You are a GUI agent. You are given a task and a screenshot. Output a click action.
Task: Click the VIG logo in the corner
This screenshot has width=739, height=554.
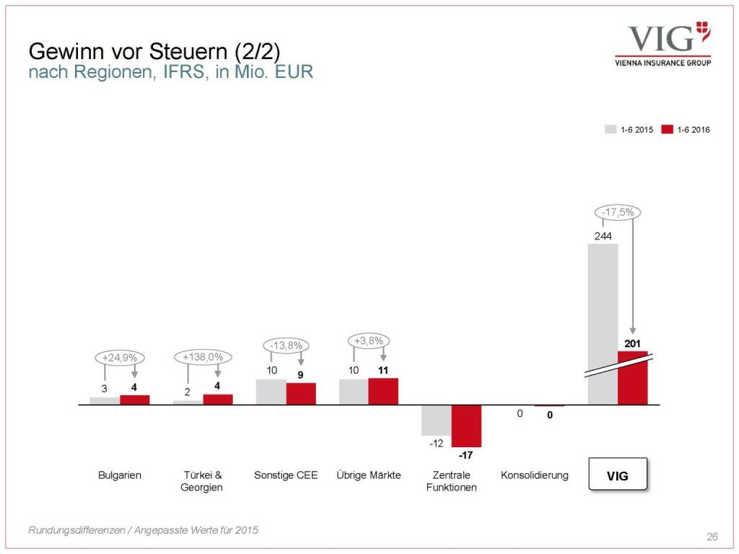pos(663,44)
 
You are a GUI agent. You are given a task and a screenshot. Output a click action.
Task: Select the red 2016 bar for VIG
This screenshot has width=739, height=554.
pos(632,378)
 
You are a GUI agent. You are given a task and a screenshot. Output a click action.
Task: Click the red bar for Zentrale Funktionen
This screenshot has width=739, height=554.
pos(466,426)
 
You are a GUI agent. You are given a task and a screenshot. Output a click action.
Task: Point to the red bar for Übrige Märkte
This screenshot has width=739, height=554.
pos(383,391)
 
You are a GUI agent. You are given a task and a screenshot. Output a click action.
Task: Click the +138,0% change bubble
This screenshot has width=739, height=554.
pos(204,356)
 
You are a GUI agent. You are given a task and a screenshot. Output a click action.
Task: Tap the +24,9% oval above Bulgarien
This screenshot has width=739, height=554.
pos(120,356)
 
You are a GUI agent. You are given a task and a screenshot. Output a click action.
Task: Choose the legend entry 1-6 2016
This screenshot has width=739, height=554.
pos(685,130)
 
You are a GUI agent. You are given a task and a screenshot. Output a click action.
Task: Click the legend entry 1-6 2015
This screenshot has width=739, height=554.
pos(629,130)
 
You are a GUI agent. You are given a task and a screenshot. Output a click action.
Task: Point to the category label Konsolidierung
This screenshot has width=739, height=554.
pos(534,475)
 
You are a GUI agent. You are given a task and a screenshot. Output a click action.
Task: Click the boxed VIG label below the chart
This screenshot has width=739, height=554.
pos(618,475)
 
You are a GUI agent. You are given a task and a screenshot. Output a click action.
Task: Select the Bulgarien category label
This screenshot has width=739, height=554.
pos(120,475)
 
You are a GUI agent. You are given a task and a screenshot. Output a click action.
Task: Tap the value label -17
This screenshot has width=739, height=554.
pos(465,455)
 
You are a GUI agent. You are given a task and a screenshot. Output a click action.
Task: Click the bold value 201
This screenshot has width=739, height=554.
pos(633,343)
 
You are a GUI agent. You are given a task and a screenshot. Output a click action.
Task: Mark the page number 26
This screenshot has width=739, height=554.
pos(712,537)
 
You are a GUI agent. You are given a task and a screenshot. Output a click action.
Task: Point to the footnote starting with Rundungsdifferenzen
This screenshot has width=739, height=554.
pos(143,530)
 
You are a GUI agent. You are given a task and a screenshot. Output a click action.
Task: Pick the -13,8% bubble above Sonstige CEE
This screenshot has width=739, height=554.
pos(287,345)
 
